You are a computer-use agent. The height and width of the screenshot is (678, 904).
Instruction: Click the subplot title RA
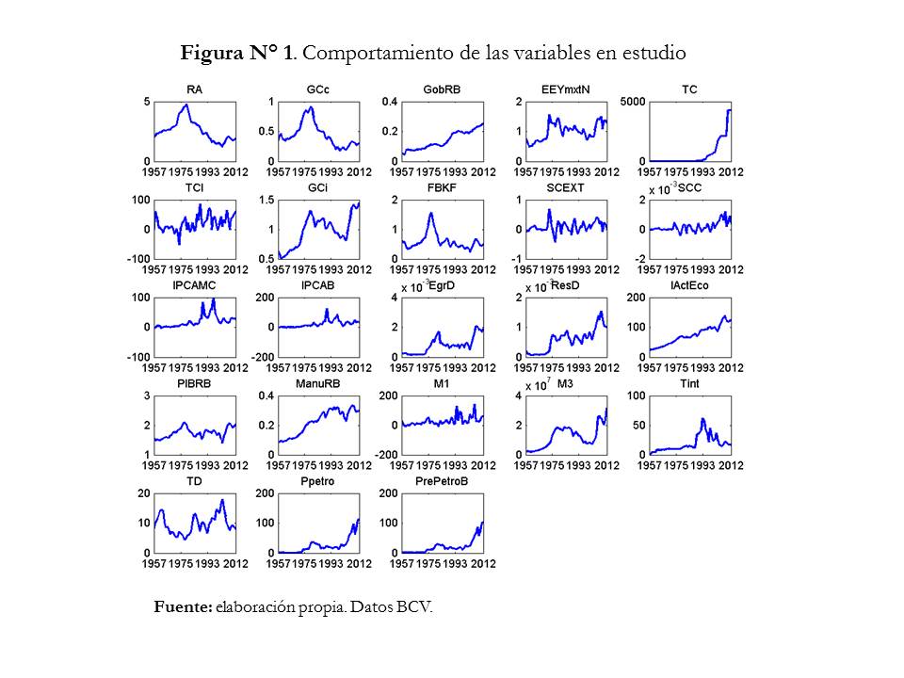[x=195, y=90]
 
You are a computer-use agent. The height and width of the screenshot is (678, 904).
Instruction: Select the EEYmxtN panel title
[x=566, y=90]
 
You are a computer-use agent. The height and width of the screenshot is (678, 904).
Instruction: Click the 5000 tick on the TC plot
[x=634, y=102]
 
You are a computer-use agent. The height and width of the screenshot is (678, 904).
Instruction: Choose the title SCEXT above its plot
[x=566, y=188]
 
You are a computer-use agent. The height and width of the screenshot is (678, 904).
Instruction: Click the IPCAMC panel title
[x=195, y=286]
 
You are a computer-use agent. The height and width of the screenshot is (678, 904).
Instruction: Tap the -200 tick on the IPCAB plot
[x=262, y=357]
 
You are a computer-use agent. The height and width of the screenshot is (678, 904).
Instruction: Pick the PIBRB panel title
[x=195, y=384]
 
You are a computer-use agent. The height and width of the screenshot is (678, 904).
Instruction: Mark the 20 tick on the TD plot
[x=144, y=493]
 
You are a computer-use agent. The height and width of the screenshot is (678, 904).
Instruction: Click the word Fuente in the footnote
[x=183, y=607]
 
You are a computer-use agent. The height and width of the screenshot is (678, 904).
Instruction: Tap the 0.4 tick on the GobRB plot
[x=389, y=102]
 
